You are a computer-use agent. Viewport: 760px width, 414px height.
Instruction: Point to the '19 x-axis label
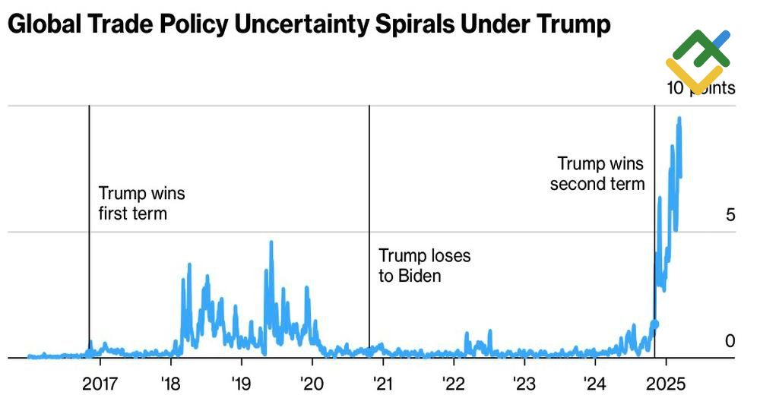241,382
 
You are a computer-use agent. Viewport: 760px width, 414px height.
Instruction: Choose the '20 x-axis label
312,382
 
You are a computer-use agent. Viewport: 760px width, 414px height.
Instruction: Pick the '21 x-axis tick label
382,382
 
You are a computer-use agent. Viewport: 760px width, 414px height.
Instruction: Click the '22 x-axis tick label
453,382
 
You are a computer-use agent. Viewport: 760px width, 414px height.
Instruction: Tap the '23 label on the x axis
524,382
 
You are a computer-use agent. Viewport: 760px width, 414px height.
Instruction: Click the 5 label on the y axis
730,215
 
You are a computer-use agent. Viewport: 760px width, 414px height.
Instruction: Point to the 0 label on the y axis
730,342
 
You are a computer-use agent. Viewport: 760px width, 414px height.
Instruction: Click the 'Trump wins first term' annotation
141,204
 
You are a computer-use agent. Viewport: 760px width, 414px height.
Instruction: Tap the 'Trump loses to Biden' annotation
424,265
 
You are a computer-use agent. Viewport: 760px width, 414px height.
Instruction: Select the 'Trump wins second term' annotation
598,173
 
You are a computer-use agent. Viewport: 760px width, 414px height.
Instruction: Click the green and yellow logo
698,61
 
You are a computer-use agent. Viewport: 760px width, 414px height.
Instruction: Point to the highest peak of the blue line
679,119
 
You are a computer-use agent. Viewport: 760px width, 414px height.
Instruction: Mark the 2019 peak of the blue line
271,242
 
